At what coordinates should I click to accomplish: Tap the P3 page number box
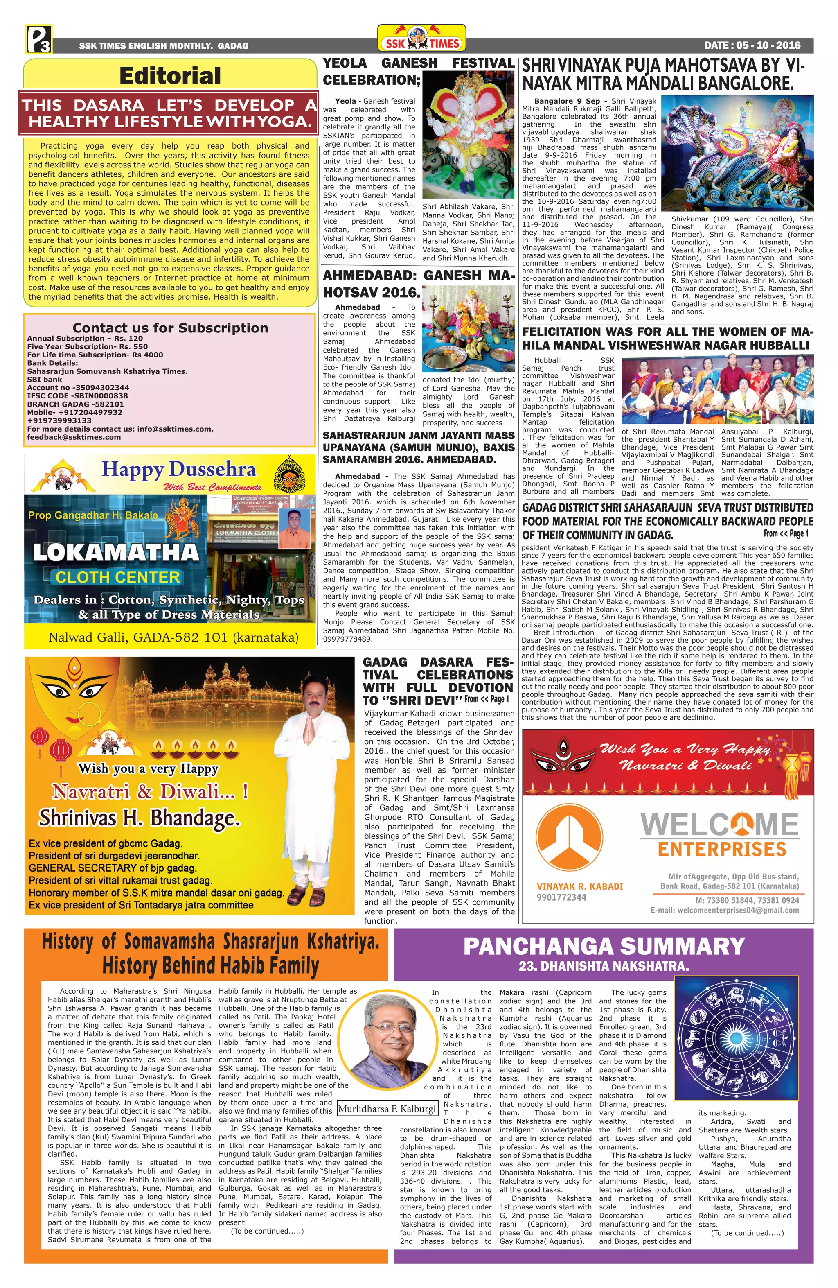point(38,39)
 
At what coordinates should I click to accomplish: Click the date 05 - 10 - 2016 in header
point(752,45)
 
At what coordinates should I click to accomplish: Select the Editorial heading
point(170,75)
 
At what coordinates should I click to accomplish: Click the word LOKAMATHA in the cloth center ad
point(116,552)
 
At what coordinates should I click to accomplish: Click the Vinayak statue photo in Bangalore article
point(737,154)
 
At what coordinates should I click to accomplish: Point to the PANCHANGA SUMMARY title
point(604,947)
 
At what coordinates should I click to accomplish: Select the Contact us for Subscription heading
point(170,328)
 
